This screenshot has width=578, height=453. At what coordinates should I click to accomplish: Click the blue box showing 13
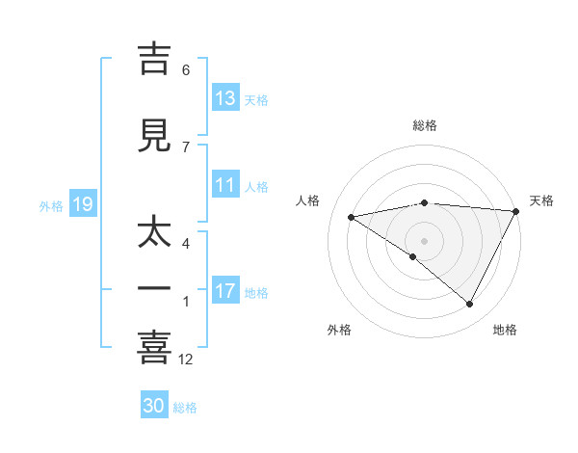tap(225, 98)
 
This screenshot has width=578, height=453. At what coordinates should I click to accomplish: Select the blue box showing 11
tap(225, 185)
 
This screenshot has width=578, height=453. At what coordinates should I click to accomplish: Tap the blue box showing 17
tap(225, 291)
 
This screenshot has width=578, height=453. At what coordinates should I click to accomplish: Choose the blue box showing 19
tap(82, 204)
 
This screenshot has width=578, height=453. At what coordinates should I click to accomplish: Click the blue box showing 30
tap(154, 406)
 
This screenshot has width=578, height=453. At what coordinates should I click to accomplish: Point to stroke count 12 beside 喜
tap(186, 360)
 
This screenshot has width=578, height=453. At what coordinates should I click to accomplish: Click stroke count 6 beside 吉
tap(186, 70)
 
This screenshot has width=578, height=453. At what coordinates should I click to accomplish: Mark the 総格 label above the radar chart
tap(425, 125)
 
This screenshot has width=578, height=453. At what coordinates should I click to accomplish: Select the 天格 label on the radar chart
tap(541, 200)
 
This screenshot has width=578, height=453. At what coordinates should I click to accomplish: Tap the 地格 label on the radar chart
tap(505, 330)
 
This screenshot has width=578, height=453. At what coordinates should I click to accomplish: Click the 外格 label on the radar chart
tap(339, 330)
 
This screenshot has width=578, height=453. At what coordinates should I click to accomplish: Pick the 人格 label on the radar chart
tap(308, 200)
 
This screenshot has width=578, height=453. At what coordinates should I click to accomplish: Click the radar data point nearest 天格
tap(516, 210)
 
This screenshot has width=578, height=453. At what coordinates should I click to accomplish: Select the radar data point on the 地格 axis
tap(470, 304)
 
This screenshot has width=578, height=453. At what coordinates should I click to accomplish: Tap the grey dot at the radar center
tap(424, 239)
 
